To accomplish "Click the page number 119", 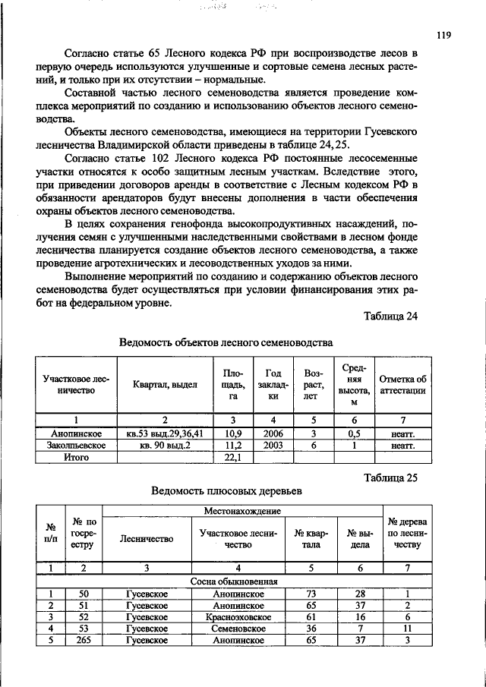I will pos(444,34).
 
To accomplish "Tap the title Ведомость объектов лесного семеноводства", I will pos(226,342).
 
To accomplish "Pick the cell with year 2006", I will pos(273,433).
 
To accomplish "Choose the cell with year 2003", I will pos(273,445).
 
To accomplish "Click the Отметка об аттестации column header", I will pos(402,385).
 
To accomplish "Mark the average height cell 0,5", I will pos(354,433).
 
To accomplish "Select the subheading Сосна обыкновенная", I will pos(237,581).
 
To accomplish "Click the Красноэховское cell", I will pos(238,617).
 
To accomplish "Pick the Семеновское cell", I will pos(238,629).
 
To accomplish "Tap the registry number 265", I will pos(84,641).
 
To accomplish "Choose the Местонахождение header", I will pos(242,513).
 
